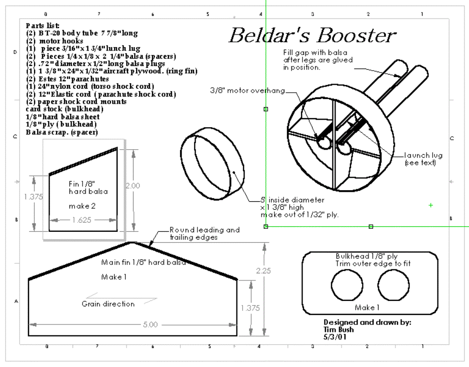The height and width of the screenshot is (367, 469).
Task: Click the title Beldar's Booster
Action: click(312, 36)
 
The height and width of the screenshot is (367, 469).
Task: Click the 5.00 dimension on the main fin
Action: click(149, 325)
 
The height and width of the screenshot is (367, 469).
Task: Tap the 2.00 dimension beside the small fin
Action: click(132, 185)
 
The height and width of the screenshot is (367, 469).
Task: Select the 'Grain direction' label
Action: click(108, 304)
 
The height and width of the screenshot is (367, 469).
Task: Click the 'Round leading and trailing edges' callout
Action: click(204, 234)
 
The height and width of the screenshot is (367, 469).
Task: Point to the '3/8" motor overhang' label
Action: click(247, 91)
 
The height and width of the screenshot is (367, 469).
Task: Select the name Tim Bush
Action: click(339, 329)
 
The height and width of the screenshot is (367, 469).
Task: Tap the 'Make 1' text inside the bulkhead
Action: click(367, 307)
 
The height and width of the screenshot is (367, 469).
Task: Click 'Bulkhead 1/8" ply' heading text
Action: click(367, 256)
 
